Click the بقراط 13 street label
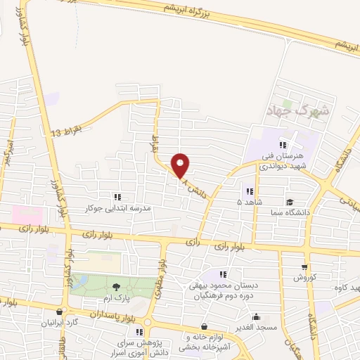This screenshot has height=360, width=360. (x=67, y=131)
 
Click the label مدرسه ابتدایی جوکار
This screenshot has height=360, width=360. (x=118, y=209)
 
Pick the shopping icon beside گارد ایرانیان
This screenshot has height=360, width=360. (x=60, y=311)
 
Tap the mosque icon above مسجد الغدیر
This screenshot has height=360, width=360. (x=257, y=316)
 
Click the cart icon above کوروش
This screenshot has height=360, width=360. (x=304, y=266)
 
